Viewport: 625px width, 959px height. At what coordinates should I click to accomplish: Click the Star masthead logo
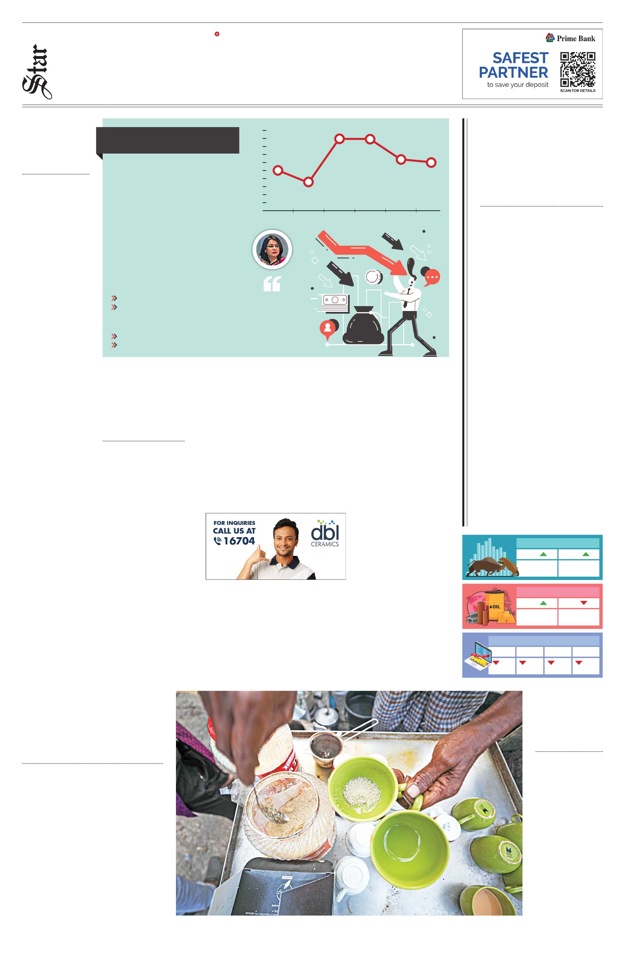[x=37, y=72]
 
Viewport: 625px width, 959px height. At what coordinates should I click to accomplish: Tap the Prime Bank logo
[x=570, y=38]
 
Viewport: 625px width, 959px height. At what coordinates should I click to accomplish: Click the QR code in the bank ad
[x=577, y=69]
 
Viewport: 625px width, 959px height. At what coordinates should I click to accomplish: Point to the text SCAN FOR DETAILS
[x=577, y=91]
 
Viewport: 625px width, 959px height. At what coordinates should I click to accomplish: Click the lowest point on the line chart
[x=308, y=182]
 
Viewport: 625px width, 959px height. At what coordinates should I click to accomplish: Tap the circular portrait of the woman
[x=272, y=250]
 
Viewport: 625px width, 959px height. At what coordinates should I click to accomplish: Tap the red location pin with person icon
[x=327, y=328]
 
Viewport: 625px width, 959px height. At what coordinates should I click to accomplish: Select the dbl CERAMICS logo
[x=325, y=533]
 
